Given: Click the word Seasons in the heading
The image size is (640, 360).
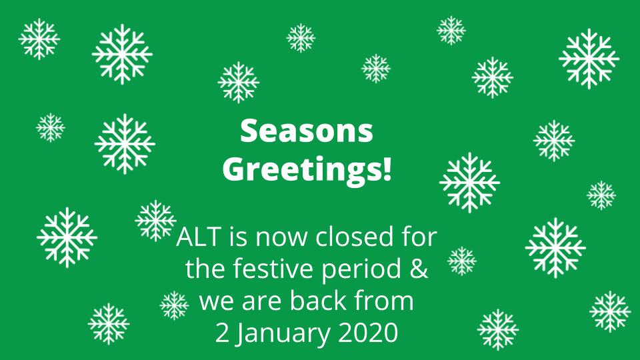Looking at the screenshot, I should (x=307, y=131).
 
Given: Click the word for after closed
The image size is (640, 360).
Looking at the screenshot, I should (x=419, y=237).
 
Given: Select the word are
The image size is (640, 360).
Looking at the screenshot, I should (x=259, y=302).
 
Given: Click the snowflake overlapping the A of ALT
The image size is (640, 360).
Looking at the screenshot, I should (x=156, y=220).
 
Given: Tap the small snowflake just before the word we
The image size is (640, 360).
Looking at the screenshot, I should (x=175, y=305).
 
